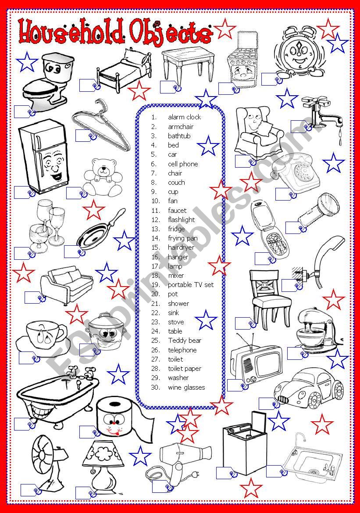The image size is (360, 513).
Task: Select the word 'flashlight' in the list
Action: pos(181,219)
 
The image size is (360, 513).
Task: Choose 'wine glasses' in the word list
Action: pos(186,387)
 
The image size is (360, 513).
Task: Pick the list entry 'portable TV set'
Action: pos(191,285)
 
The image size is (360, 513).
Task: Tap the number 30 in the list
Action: pos(155,387)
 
